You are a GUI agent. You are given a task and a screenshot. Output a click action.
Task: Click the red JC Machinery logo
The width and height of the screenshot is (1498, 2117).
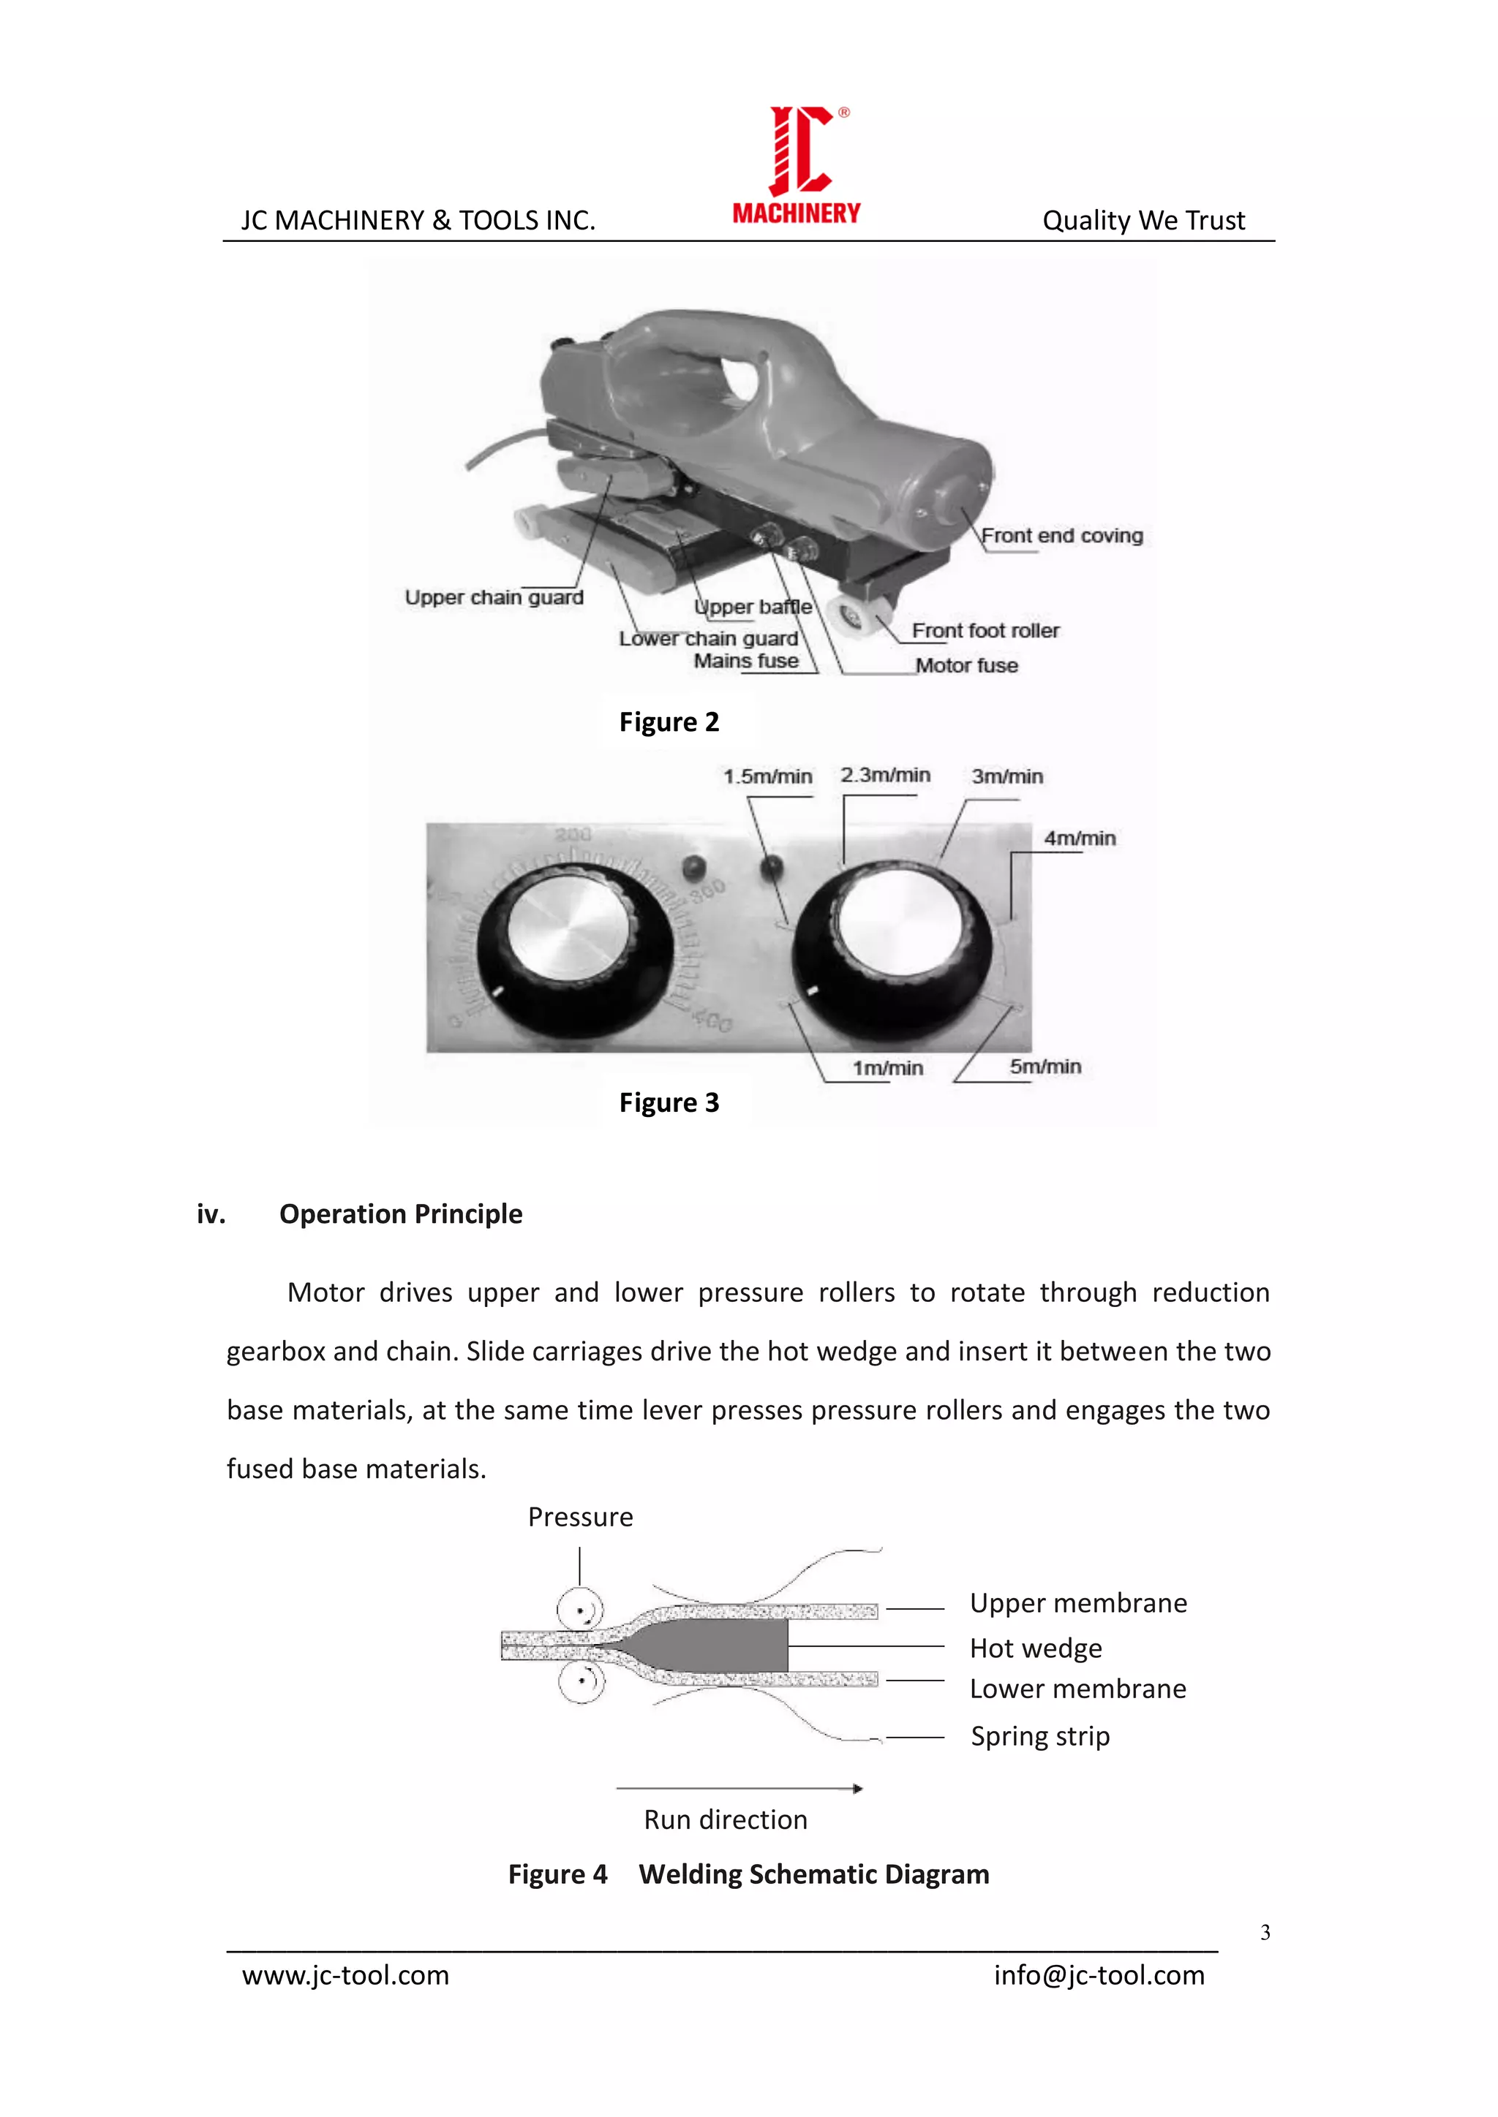click(797, 164)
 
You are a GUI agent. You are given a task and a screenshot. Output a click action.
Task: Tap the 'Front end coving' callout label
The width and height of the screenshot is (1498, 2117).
click(1062, 536)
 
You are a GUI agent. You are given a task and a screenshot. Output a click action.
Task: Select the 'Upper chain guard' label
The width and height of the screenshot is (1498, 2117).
click(494, 597)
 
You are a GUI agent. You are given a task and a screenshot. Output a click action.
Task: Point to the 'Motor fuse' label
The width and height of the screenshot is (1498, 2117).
click(967, 666)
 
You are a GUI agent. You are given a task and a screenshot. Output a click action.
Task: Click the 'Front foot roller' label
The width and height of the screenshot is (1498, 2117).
click(985, 631)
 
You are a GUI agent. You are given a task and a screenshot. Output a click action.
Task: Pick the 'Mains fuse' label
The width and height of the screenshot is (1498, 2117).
click(746, 661)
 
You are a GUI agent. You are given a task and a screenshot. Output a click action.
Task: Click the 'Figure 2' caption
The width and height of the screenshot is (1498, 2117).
click(669, 722)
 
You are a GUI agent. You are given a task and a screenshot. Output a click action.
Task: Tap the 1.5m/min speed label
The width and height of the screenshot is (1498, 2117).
click(767, 776)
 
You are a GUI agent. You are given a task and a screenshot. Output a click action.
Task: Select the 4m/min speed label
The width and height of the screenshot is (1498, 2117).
click(1079, 838)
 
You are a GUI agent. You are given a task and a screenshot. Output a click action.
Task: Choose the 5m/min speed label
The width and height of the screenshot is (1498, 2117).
click(1045, 1067)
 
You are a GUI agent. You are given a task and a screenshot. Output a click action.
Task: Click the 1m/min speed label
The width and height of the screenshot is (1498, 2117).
click(887, 1068)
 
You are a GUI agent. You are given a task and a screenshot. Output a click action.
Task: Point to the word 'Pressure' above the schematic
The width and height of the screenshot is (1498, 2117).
click(580, 1518)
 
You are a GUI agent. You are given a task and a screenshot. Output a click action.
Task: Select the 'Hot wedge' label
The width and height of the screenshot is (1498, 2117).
click(1036, 1648)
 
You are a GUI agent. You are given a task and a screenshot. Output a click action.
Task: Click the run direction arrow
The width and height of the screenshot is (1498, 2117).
click(739, 1789)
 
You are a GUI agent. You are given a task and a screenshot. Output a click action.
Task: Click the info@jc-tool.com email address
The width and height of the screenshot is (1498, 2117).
click(1099, 1975)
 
